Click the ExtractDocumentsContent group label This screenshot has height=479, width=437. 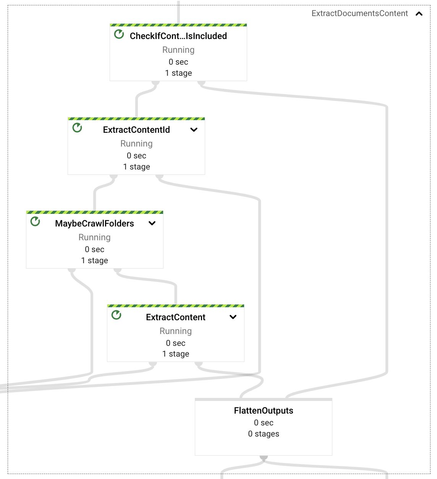(x=359, y=13)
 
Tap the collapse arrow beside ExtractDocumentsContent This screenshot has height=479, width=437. (x=419, y=14)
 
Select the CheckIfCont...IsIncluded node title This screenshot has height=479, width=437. (x=178, y=36)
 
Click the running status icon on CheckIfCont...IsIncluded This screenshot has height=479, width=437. (x=119, y=34)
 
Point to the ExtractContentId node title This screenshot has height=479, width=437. (x=136, y=130)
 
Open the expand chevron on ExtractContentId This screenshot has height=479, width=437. (x=194, y=130)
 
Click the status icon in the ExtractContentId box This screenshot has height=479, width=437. (x=77, y=128)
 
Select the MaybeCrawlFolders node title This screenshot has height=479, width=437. (x=94, y=223)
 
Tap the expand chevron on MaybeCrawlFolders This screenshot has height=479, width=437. (x=152, y=223)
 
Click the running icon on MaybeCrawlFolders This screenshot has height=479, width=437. (x=35, y=222)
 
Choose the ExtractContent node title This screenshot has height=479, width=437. (x=176, y=317)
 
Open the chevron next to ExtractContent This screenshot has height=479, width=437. (x=233, y=317)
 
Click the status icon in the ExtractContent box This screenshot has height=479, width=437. (x=117, y=315)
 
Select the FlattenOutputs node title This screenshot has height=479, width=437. (x=264, y=411)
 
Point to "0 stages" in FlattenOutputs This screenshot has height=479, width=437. (x=264, y=434)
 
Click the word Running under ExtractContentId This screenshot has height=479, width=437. (x=136, y=143)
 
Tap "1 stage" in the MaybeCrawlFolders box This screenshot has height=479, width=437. (x=94, y=261)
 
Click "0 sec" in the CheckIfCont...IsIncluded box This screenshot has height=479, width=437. (x=178, y=62)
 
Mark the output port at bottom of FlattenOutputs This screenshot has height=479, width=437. (x=264, y=457)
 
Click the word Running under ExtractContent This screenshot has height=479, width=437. (x=176, y=331)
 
